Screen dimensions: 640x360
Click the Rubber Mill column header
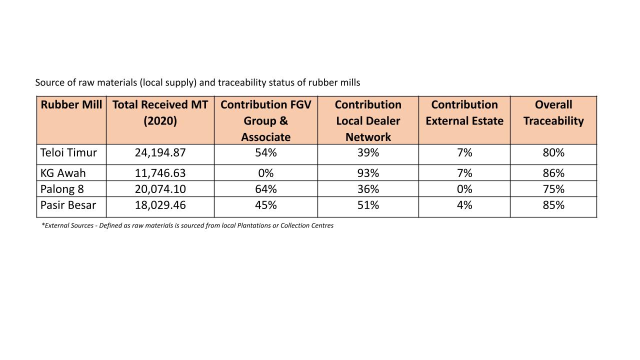click(71, 104)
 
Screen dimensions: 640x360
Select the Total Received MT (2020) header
click(160, 112)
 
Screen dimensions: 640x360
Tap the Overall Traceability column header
click(553, 112)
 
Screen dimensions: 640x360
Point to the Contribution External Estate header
click(464, 112)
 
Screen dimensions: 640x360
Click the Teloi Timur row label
click(68, 152)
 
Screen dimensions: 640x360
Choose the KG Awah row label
click(63, 173)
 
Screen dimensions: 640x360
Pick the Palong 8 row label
click(62, 189)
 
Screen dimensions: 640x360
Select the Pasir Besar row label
click(68, 205)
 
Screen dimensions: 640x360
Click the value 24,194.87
click(160, 153)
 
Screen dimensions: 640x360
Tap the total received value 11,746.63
click(160, 173)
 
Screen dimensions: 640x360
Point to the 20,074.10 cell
click(160, 189)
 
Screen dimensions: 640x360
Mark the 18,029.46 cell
click(160, 205)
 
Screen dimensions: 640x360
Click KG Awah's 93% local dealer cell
click(368, 173)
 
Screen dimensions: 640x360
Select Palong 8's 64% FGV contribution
click(265, 189)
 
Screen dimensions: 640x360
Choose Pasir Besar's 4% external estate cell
click(464, 205)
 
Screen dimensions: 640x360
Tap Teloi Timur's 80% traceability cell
click(553, 152)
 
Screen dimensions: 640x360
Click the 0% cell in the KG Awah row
click(265, 173)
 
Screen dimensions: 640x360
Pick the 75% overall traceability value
click(553, 189)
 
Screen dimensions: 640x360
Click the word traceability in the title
click(242, 83)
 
